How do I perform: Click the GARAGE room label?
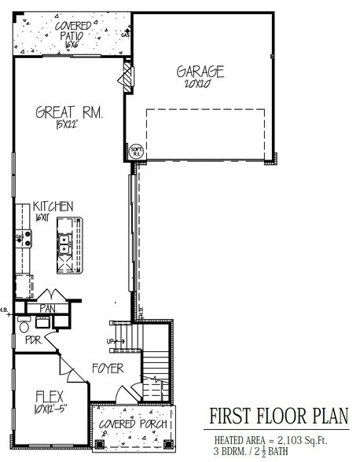point(200,71)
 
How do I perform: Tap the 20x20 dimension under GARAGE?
point(200,84)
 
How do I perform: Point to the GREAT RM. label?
point(70,112)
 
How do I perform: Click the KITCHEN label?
point(54,206)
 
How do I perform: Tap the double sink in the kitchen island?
point(64,244)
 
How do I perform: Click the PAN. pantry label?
point(47,309)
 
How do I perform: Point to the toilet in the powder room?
point(24,324)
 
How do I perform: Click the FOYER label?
point(107,367)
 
